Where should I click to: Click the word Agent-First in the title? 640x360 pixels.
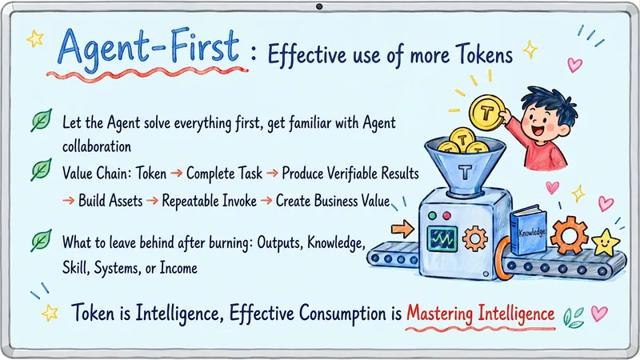pyautogui.click(x=149, y=49)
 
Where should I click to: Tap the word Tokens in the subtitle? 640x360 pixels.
pyautogui.click(x=484, y=54)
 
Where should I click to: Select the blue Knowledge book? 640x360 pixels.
pyautogui.click(x=528, y=230)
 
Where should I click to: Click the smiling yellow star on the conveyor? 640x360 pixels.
pyautogui.click(x=606, y=243)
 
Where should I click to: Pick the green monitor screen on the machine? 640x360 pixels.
pyautogui.click(x=442, y=239)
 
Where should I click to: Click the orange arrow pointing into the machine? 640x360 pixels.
pyautogui.click(x=402, y=229)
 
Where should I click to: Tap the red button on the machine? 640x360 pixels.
pyautogui.click(x=447, y=215)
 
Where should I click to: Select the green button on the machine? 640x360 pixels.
pyautogui.click(x=432, y=215)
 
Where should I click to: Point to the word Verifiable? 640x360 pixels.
pyautogui.click(x=350, y=174)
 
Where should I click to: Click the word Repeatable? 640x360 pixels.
pyautogui.click(x=209, y=201)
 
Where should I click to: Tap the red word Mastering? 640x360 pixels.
pyautogui.click(x=439, y=313)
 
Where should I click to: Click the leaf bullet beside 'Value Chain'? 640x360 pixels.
pyautogui.click(x=42, y=169)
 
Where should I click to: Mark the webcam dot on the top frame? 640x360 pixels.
pyautogui.click(x=319, y=6)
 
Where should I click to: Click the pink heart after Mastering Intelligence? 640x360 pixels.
pyautogui.click(x=599, y=314)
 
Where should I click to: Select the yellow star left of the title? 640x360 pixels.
pyautogui.click(x=35, y=38)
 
